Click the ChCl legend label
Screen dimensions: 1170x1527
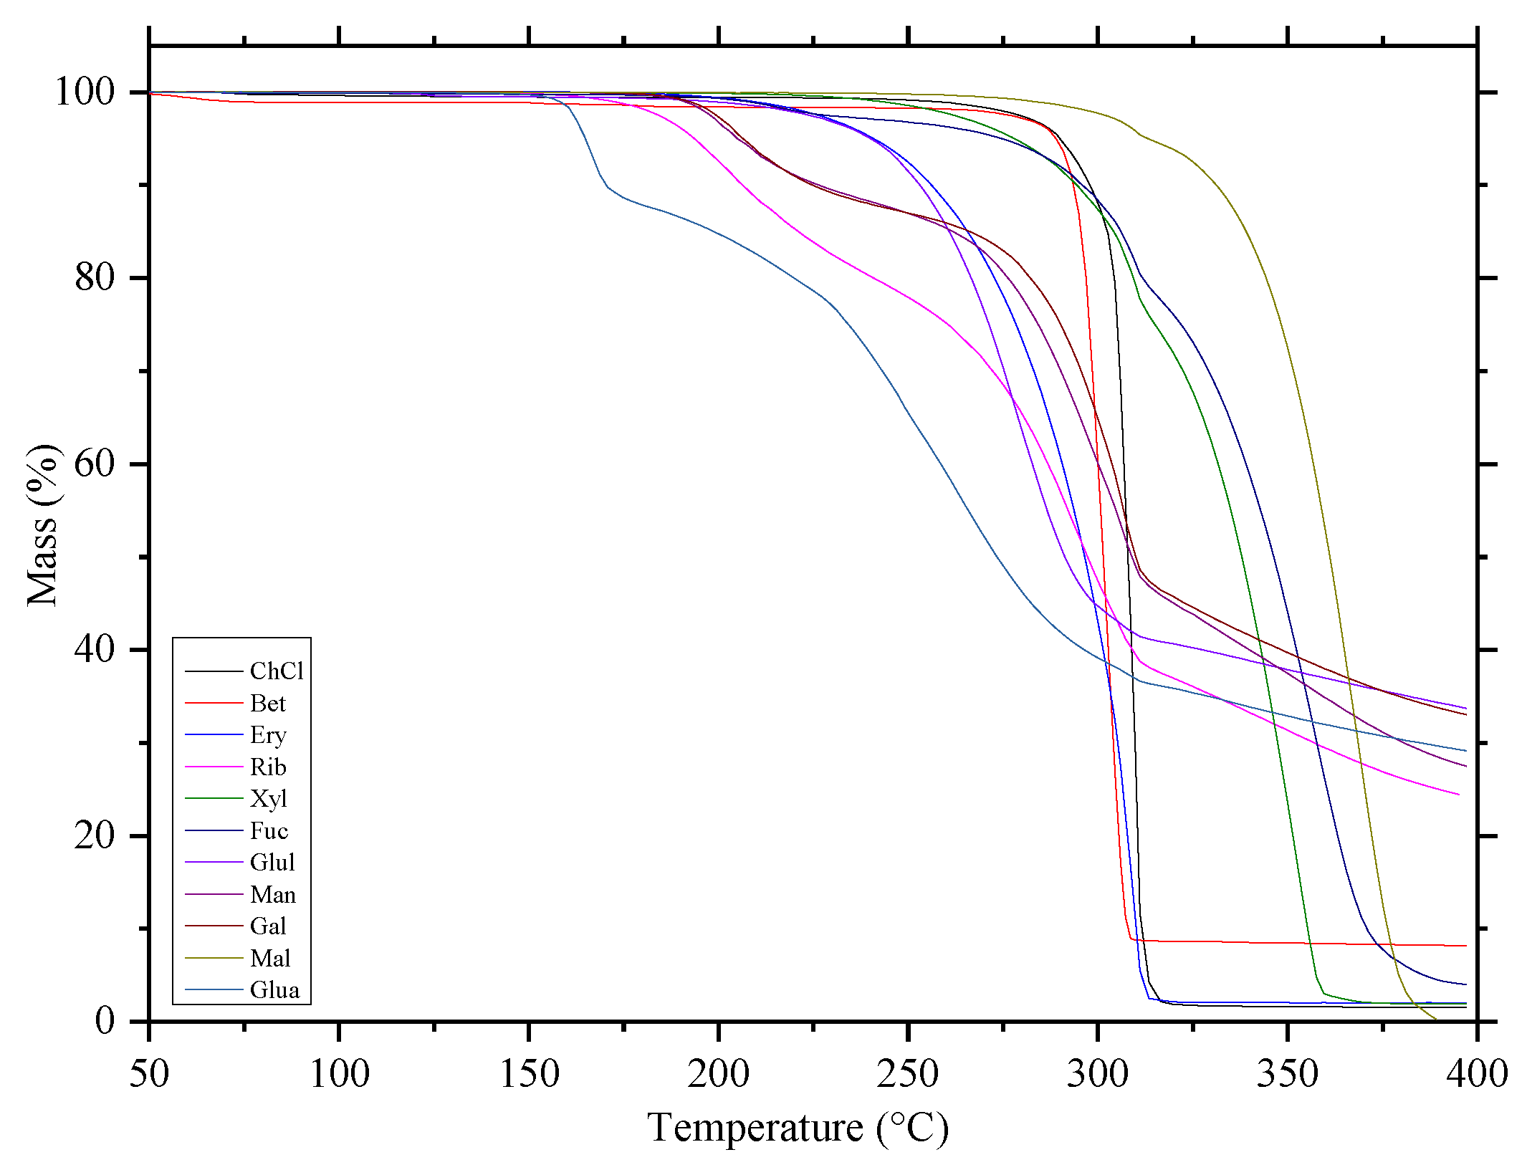coord(277,671)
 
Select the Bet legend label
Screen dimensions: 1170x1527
coord(267,703)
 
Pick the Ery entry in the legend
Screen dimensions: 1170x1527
coord(268,734)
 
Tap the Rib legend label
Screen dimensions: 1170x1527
coord(268,767)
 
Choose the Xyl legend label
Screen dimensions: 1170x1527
coord(268,798)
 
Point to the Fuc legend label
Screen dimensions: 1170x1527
coord(269,830)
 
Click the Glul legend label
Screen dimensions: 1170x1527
coord(272,862)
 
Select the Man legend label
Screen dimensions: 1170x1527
coord(272,894)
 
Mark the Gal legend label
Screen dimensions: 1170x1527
coord(268,926)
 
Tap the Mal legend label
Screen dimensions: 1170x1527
coord(270,958)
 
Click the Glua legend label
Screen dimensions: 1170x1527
coord(274,989)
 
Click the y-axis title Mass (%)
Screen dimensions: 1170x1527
coord(43,525)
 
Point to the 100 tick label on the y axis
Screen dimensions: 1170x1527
coord(85,92)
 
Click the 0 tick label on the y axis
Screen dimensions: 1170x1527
coord(105,1020)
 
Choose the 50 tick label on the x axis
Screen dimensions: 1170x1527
coord(149,1073)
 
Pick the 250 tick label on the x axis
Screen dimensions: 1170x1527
coord(907,1073)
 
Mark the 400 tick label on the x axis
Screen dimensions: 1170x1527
coord(1476,1073)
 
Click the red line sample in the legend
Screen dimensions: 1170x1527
coord(214,703)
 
